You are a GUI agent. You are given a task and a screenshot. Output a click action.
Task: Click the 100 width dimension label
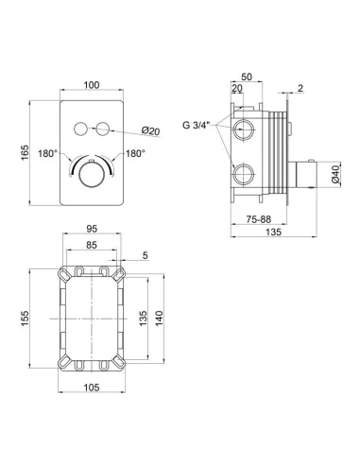pos(92,85)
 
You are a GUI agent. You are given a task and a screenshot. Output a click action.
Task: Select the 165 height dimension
pos(25,152)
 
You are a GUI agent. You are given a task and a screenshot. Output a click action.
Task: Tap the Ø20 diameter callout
pos(150,130)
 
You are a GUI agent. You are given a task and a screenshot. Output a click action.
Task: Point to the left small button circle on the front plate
pos(80,129)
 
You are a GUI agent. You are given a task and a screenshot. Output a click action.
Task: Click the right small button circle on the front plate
pos(103,129)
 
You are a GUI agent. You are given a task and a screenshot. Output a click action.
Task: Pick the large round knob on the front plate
pos(92,175)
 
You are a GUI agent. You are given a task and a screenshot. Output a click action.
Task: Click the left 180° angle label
pos(47,154)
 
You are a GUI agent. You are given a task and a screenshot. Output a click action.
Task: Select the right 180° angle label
pos(135,154)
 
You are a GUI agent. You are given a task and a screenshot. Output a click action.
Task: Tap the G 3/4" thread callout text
pos(196,125)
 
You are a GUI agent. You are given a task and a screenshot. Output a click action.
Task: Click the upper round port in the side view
pos(243,129)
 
